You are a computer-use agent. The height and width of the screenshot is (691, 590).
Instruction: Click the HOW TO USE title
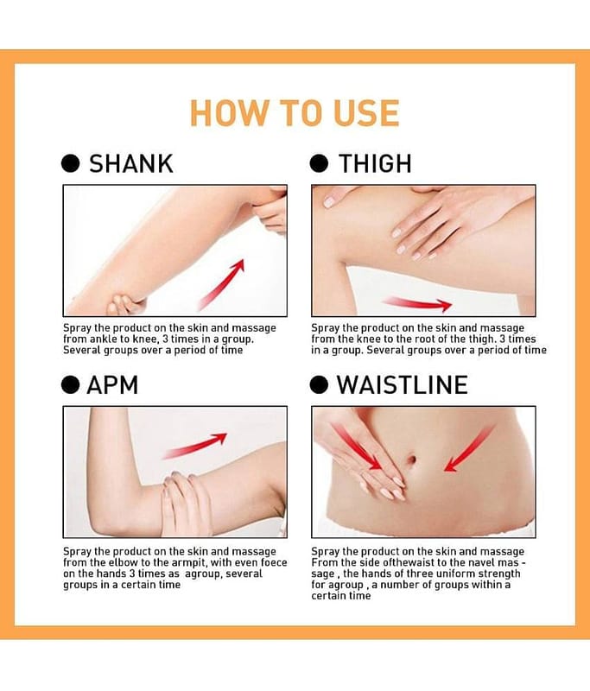click(x=295, y=113)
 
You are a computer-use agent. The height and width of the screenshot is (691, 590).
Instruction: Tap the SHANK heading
click(x=131, y=164)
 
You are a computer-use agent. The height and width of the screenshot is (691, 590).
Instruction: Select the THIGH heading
click(x=375, y=164)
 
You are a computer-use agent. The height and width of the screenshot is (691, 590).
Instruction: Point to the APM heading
click(x=112, y=385)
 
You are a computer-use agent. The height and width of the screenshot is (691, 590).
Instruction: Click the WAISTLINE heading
click(x=403, y=385)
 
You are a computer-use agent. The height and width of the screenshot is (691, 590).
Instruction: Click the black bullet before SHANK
click(x=70, y=163)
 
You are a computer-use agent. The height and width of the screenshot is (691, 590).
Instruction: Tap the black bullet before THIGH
click(x=319, y=163)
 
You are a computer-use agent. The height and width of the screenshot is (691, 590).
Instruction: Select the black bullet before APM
click(x=70, y=384)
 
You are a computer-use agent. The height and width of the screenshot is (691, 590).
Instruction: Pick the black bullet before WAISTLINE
click(x=319, y=384)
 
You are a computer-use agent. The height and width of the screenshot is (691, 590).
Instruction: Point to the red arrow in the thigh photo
click(x=416, y=304)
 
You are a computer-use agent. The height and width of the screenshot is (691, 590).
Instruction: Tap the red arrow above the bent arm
click(x=194, y=446)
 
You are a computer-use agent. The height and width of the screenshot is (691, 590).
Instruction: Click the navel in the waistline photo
click(x=411, y=460)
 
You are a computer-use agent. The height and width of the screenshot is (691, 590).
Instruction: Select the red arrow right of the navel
click(x=469, y=449)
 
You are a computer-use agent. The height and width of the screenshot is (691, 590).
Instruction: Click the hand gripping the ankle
click(x=124, y=305)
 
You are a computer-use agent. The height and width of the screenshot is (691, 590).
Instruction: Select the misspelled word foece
click(x=274, y=562)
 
